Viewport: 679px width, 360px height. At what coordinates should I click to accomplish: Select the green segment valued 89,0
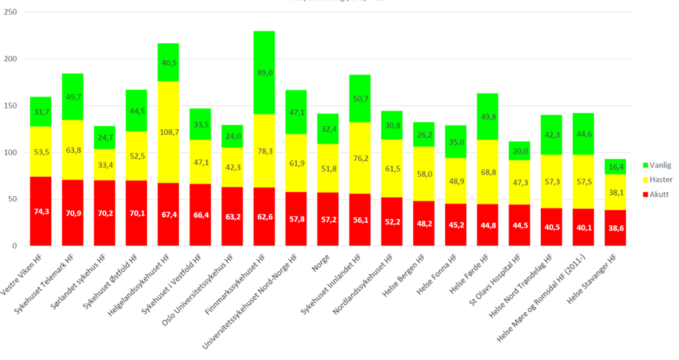264,62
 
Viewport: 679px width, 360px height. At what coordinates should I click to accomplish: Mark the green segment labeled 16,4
616,167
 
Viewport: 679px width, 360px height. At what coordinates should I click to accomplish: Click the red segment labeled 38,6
616,228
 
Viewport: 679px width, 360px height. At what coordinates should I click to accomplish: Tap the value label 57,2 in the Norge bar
328,219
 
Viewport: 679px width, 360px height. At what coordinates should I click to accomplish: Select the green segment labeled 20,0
520,151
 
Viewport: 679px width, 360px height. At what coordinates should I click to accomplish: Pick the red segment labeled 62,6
264,217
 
